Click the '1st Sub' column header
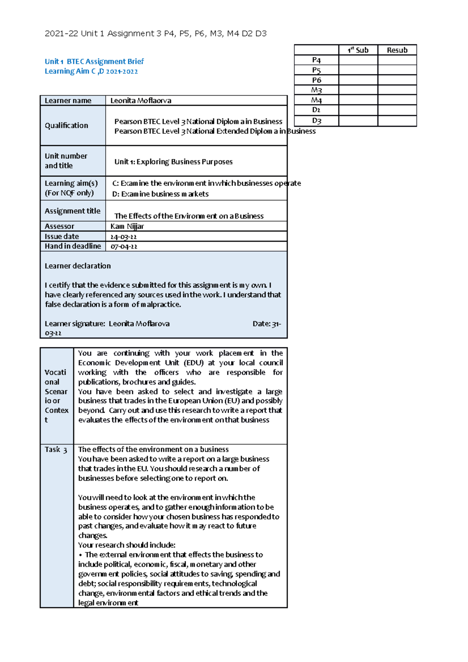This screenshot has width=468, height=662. coord(358,50)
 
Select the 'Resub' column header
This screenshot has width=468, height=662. coord(397,50)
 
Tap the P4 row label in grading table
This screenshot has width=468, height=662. coord(316,60)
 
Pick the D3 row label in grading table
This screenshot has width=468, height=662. coord(316,121)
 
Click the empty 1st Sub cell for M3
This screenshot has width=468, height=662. coord(358,90)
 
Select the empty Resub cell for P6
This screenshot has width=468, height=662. coord(397,80)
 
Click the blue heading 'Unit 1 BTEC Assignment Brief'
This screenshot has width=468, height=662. coord(94,61)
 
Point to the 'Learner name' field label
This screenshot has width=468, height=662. coord(68,101)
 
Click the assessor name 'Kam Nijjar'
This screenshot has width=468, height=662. coord(127,226)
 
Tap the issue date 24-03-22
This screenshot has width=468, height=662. coord(123,237)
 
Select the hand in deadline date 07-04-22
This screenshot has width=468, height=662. coord(124,246)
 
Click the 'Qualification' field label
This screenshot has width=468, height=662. coord(66,126)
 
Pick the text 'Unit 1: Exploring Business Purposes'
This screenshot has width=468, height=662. coord(173,162)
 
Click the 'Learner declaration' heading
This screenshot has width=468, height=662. coord(78,266)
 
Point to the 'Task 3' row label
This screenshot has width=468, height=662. coord(56,450)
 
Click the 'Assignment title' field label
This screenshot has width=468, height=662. coord(72,211)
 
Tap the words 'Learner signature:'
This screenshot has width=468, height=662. coord(75,324)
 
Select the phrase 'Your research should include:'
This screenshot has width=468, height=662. coord(127,545)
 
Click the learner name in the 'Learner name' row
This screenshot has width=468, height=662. coord(141,101)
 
